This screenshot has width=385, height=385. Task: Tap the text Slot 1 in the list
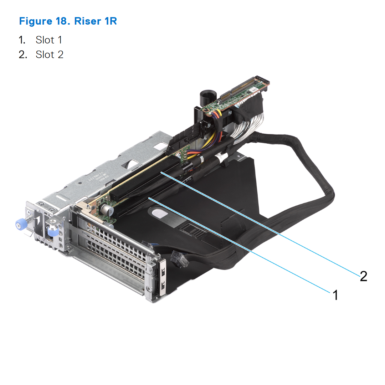coord(49,40)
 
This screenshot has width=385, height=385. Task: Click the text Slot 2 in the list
coord(50,55)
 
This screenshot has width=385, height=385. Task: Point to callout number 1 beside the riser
coord(335,295)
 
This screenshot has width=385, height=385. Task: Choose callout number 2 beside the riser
coord(363,276)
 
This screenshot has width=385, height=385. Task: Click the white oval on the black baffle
coord(159,213)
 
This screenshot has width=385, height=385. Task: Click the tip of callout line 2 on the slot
coord(161,172)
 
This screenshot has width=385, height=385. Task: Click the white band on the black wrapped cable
coord(221,156)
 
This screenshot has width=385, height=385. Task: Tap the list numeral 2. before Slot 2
coord(23,55)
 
